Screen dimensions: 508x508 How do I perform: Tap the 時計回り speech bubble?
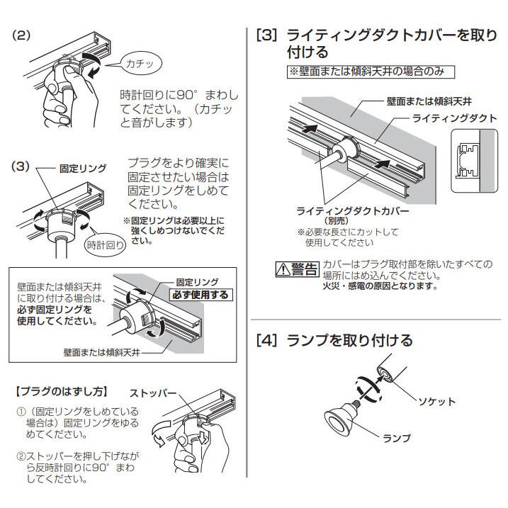[107, 245]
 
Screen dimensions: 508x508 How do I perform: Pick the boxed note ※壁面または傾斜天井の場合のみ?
[369, 72]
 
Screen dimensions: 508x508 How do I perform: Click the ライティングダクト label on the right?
[454, 118]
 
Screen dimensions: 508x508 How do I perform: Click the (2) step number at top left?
[23, 35]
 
